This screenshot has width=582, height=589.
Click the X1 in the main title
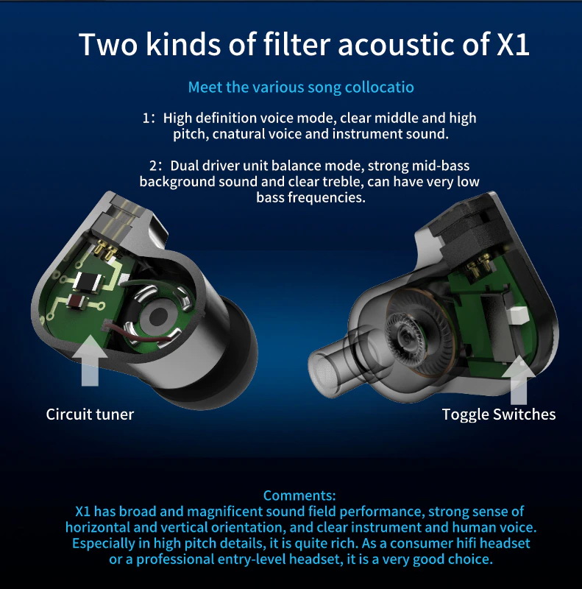[508, 43]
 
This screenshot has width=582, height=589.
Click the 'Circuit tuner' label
[90, 414]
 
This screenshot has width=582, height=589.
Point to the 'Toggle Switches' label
[499, 414]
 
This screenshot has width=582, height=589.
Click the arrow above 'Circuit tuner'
[90, 361]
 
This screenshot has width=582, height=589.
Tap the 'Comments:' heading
[299, 495]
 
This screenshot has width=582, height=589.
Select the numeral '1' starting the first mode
[146, 119]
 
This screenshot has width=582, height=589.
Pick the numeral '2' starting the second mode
[152, 166]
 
